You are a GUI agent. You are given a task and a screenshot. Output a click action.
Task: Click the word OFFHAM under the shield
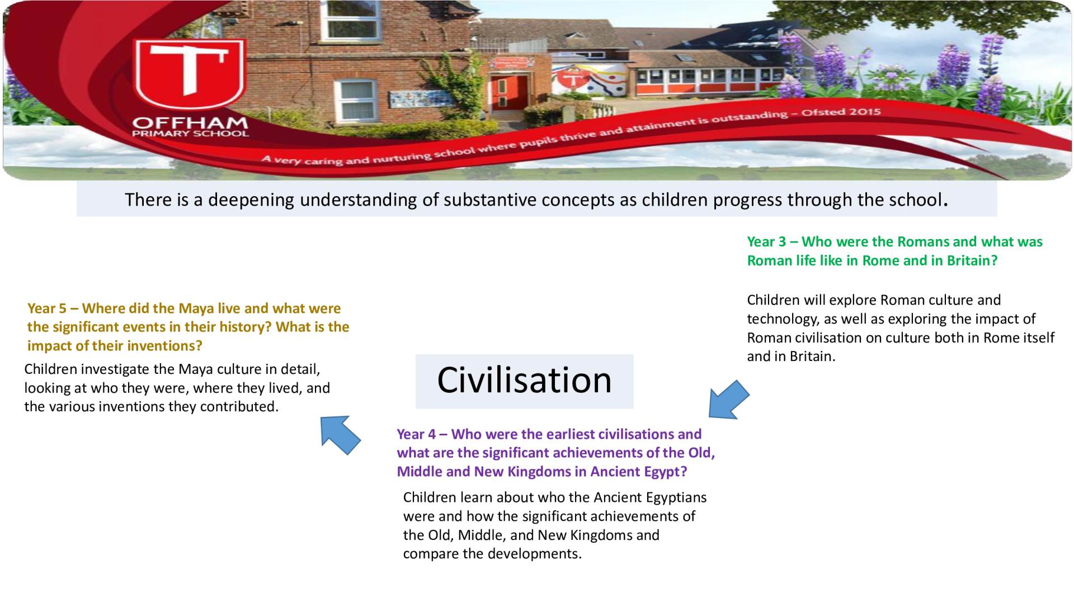click(190, 122)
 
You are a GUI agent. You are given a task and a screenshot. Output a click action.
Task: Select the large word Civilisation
click(524, 381)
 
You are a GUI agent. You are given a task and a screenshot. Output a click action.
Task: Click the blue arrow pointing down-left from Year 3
click(728, 400)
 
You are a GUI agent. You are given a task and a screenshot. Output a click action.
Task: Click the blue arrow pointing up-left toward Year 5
click(340, 434)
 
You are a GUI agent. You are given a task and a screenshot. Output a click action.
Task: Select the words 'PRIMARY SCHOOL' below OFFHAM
click(190, 134)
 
